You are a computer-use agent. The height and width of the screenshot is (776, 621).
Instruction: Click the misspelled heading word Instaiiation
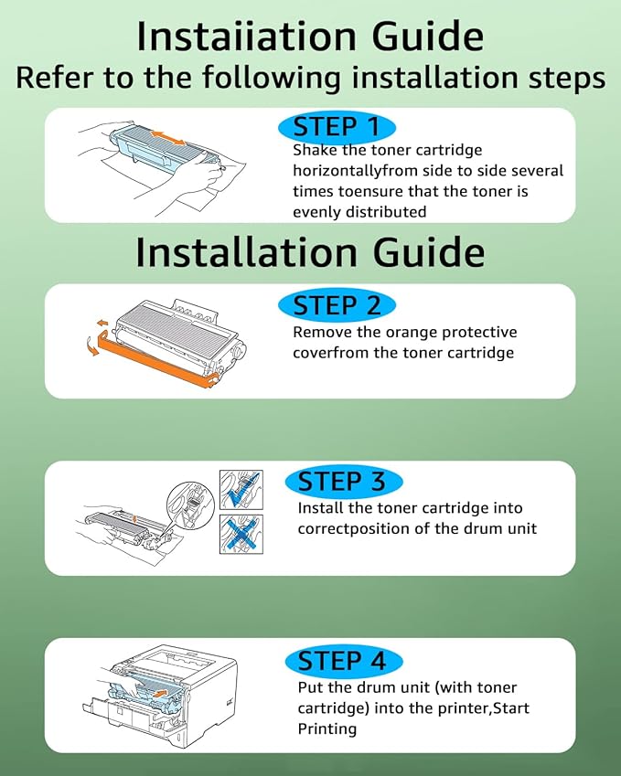coord(246,37)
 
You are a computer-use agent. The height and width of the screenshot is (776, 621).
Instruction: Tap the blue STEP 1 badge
coord(337,127)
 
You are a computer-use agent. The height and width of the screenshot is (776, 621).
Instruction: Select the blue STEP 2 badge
coord(337,305)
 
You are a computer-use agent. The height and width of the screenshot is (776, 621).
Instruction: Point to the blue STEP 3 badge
coord(344,482)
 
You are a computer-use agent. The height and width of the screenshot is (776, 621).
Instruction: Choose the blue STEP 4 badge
coord(344,661)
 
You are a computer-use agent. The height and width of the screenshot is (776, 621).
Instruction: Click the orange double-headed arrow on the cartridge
coord(168,138)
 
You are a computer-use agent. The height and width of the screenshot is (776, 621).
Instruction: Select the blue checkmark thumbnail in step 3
coord(241,489)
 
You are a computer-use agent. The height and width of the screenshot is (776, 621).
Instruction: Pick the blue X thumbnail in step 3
coord(241,534)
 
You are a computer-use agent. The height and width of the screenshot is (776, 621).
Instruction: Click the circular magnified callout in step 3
coord(190,505)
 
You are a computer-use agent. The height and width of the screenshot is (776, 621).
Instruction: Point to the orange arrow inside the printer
coord(158,693)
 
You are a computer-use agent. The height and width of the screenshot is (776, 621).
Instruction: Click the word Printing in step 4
coord(327,729)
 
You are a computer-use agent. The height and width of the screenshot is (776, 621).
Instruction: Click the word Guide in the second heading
coord(428,252)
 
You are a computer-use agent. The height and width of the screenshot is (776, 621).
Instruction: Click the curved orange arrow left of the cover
coord(91,346)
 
